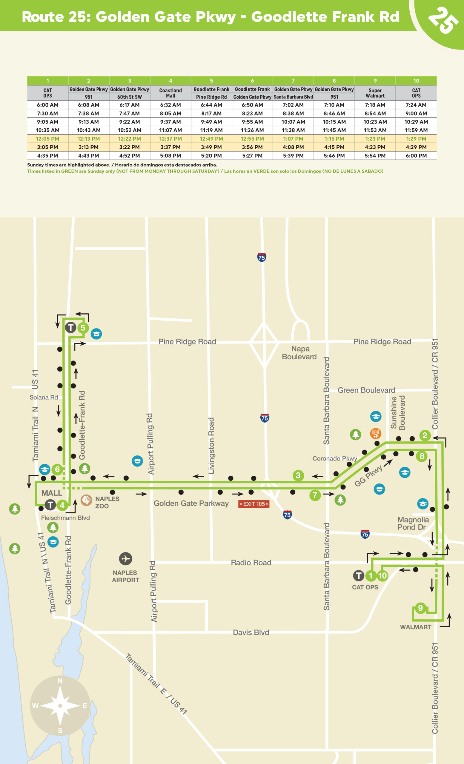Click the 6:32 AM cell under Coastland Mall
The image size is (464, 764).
click(x=170, y=105)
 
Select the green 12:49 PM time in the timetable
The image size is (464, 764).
click(x=211, y=139)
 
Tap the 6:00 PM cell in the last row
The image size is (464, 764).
click(x=416, y=156)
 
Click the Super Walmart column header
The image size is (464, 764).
click(x=375, y=93)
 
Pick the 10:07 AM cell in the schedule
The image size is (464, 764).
click(x=293, y=122)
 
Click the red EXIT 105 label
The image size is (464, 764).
click(x=254, y=504)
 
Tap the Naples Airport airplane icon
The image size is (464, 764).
click(x=126, y=558)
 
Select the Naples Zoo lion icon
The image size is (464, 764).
click(x=86, y=500)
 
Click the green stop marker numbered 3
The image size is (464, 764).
click(x=298, y=475)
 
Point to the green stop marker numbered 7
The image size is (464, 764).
click(x=315, y=495)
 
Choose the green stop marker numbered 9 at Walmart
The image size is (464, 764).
click(x=420, y=608)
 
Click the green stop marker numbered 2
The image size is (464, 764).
click(x=425, y=435)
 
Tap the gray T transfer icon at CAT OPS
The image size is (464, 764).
click(x=359, y=576)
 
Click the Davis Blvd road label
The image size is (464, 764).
click(x=251, y=632)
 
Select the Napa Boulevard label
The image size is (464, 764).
click(x=299, y=353)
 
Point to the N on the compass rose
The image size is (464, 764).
click(x=60, y=681)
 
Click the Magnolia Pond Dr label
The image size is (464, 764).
click(x=413, y=523)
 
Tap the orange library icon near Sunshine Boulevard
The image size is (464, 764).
click(x=376, y=433)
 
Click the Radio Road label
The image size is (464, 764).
click(x=251, y=563)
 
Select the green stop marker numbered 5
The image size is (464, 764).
click(x=83, y=327)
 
